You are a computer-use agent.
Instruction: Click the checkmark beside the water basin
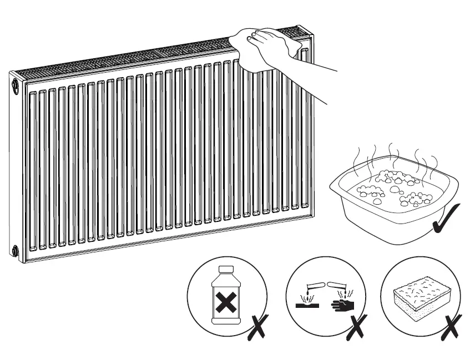[446, 219]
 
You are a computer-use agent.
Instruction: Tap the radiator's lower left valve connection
[13, 250]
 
